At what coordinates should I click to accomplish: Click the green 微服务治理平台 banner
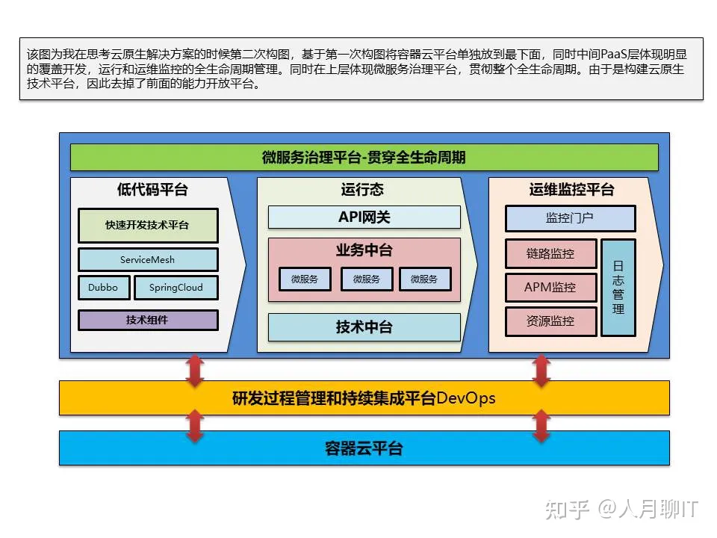coord(364,158)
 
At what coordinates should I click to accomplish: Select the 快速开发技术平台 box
coord(148,225)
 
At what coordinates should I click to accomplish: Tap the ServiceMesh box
coord(148,259)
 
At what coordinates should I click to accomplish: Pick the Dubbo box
coord(103,288)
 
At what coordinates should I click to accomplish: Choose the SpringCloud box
coord(176,288)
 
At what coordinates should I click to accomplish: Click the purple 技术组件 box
coord(148,320)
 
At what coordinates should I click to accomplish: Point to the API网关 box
coord(364,217)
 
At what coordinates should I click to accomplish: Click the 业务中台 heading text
coord(364,250)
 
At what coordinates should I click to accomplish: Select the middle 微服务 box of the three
coord(366,279)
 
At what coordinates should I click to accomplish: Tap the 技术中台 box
coord(364,327)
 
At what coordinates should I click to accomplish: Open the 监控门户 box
coord(570,218)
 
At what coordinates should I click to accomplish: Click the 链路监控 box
coord(550,253)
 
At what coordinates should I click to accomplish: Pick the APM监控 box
coord(550,287)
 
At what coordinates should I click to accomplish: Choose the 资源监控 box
coord(550,321)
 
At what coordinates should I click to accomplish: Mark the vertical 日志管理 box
coord(618,287)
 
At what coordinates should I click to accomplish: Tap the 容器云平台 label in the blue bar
coord(364,448)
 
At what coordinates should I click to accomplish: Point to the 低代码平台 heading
coord(152,190)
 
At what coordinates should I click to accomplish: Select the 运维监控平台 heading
coord(571,190)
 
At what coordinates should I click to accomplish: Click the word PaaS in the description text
coord(613,55)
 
